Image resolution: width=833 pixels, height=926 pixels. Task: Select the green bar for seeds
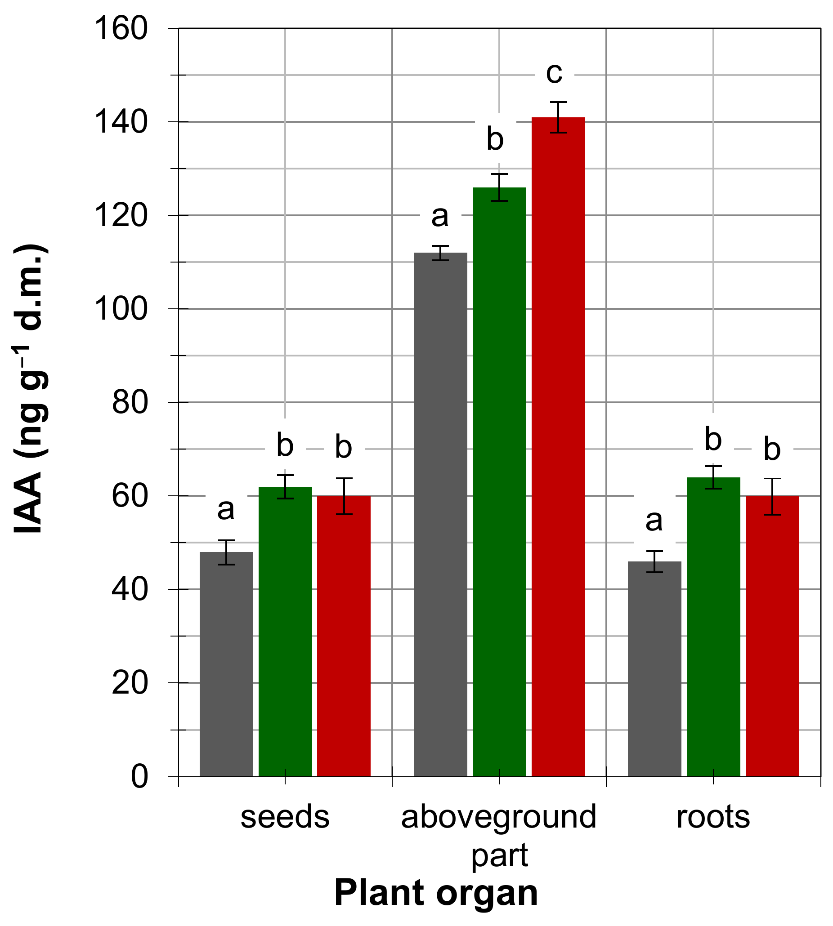pos(285,632)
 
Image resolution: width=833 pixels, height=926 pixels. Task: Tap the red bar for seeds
pos(344,636)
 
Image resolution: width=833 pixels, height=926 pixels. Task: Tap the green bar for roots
pos(713,627)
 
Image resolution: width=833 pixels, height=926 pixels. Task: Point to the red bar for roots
pos(772,636)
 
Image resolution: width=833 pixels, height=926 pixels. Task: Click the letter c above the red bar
pos(554,73)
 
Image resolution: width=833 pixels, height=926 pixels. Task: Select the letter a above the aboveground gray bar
pos(440,216)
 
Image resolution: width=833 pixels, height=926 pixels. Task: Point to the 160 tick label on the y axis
pos(121,28)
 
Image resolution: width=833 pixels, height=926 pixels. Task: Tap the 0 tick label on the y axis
pos(139,776)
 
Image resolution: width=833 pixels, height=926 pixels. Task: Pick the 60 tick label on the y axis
pos(130,496)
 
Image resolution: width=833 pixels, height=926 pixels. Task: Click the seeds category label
pos(285,817)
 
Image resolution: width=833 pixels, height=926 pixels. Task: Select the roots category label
pos(713,817)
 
